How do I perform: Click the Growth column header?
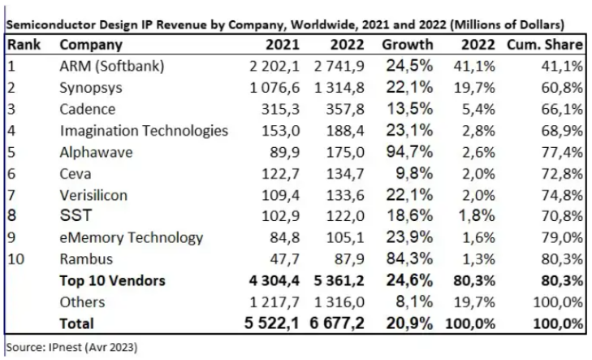tap(407, 45)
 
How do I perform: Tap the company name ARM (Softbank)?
tap(112, 67)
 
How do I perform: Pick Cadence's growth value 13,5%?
tap(408, 109)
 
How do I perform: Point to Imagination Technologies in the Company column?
tap(144, 130)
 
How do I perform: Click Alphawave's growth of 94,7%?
tap(408, 152)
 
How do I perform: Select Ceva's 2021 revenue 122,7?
tap(282, 173)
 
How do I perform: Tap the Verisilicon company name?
tap(97, 194)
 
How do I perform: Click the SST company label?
tap(76, 216)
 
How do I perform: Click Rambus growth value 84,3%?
tap(408, 259)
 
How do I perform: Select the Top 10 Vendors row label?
tap(113, 280)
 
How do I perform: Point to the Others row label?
tap(82, 301)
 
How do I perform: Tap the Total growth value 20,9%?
tap(408, 323)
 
